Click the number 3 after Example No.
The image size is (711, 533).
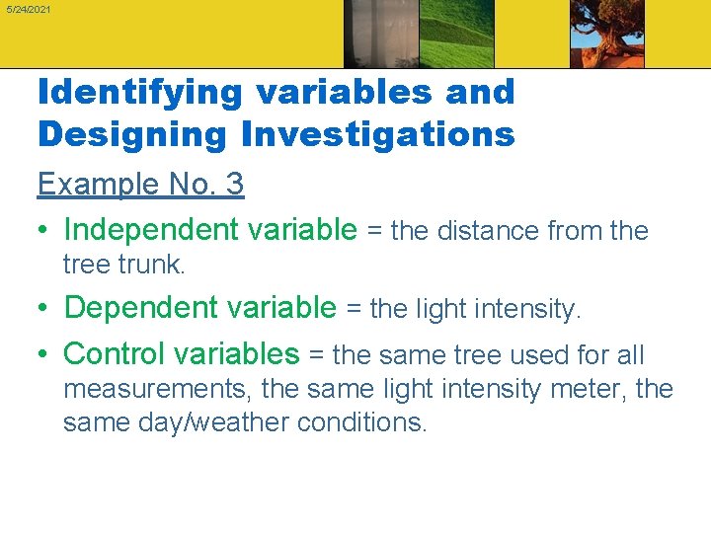234,184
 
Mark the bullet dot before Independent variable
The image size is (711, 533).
44,231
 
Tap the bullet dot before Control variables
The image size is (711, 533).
44,354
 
